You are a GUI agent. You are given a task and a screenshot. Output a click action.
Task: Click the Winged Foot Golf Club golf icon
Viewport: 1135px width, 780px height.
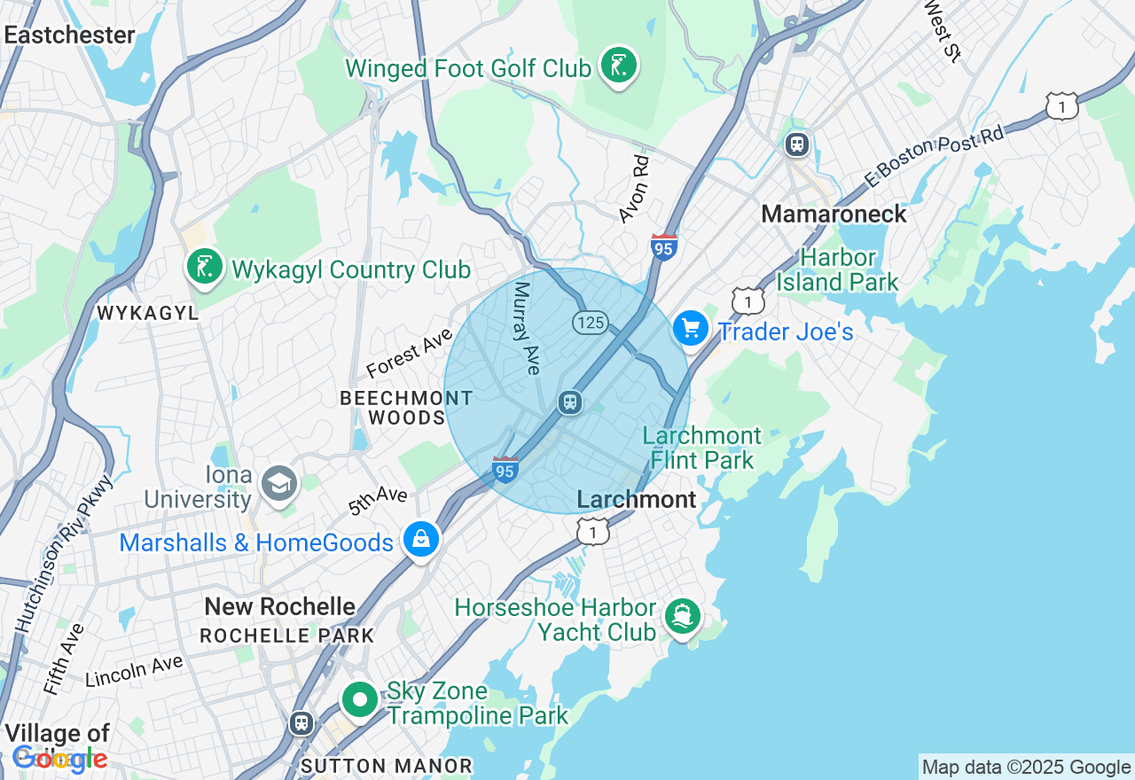tap(618, 66)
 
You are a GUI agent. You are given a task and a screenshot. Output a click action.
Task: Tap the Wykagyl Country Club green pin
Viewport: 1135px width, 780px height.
tap(205, 267)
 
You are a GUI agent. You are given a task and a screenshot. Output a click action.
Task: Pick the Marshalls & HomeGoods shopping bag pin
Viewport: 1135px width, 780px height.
tap(421, 539)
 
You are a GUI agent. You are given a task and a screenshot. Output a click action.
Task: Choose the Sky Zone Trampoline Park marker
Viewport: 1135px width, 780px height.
tap(360, 701)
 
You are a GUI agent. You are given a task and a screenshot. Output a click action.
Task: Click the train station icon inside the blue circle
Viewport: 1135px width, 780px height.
tap(569, 402)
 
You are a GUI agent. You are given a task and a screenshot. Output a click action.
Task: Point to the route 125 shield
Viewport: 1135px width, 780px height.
tap(590, 323)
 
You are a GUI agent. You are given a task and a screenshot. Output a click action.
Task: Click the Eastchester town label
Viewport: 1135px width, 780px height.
tap(69, 35)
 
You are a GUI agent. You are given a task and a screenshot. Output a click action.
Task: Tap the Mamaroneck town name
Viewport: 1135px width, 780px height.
tap(834, 214)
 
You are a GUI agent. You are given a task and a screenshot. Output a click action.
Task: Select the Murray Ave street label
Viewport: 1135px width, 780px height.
tap(527, 328)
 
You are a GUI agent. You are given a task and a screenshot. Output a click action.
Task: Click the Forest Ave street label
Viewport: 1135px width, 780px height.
tap(410, 353)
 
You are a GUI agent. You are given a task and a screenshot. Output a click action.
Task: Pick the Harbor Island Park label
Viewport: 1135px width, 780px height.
tap(838, 270)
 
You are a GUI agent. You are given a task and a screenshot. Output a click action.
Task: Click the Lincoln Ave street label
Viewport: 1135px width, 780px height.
tap(134, 671)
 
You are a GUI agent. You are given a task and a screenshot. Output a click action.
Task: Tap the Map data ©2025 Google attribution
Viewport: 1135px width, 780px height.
tap(1026, 768)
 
